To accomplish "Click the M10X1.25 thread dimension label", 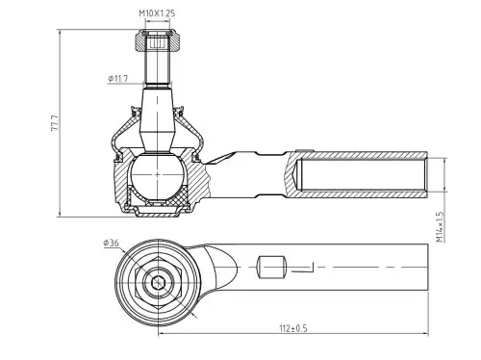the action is (x=157, y=13).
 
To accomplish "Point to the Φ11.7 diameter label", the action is (x=118, y=78).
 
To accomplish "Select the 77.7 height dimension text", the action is (x=55, y=122).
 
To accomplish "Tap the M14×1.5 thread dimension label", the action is (x=440, y=226).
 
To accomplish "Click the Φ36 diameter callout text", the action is (x=111, y=243).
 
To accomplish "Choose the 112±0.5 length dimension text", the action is (x=293, y=328).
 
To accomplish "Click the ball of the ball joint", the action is (x=157, y=175).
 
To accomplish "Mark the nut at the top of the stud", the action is (x=157, y=40).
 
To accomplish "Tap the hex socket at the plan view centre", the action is (x=158, y=283).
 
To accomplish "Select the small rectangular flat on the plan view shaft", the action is (x=271, y=267).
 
